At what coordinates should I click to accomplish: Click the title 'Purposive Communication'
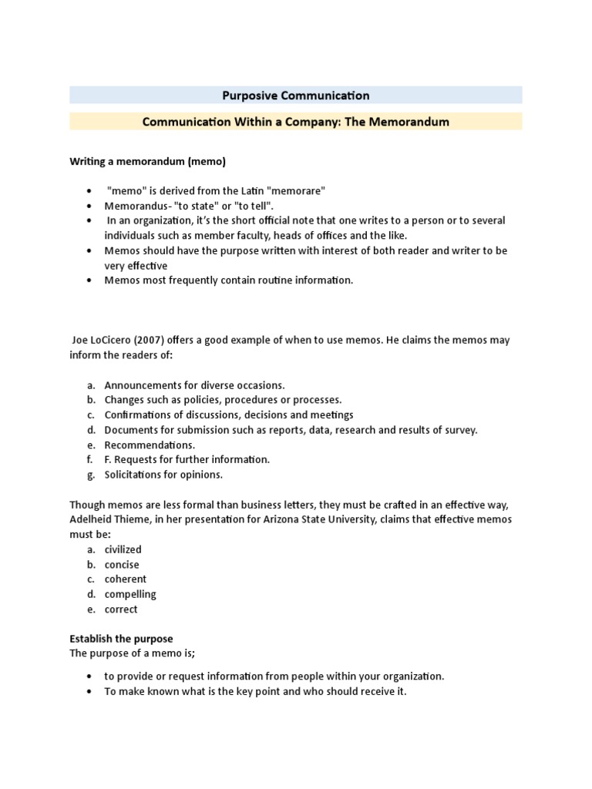click(296, 96)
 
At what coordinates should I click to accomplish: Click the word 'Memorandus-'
click(136, 206)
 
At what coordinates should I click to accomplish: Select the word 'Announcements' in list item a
click(141, 384)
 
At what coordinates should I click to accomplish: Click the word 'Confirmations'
click(139, 415)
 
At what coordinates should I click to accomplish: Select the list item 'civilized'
click(123, 549)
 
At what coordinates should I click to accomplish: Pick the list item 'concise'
click(122, 565)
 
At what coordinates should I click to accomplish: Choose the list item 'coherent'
click(125, 579)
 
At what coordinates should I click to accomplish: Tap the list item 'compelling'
click(130, 594)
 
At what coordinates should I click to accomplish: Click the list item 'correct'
click(121, 609)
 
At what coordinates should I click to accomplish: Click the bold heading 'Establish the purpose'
click(121, 639)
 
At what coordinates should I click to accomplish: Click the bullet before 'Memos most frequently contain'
click(91, 280)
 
